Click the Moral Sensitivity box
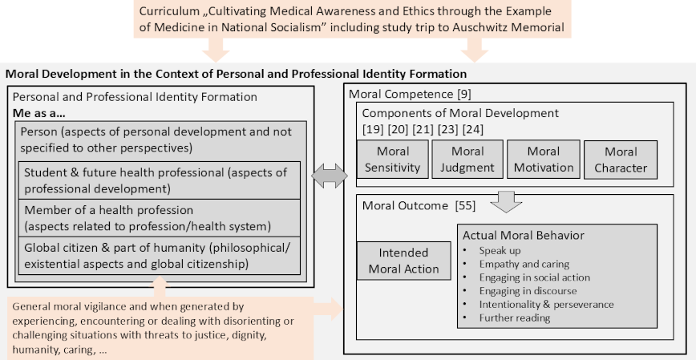click(393, 160)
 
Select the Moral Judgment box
click(467, 160)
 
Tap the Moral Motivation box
click(544, 160)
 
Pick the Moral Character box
click(621, 160)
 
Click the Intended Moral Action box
click(403, 261)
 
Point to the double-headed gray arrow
click(330, 176)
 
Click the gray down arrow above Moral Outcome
click(506, 201)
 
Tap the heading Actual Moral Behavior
click(524, 235)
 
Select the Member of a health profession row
click(160, 218)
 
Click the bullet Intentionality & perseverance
click(546, 305)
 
